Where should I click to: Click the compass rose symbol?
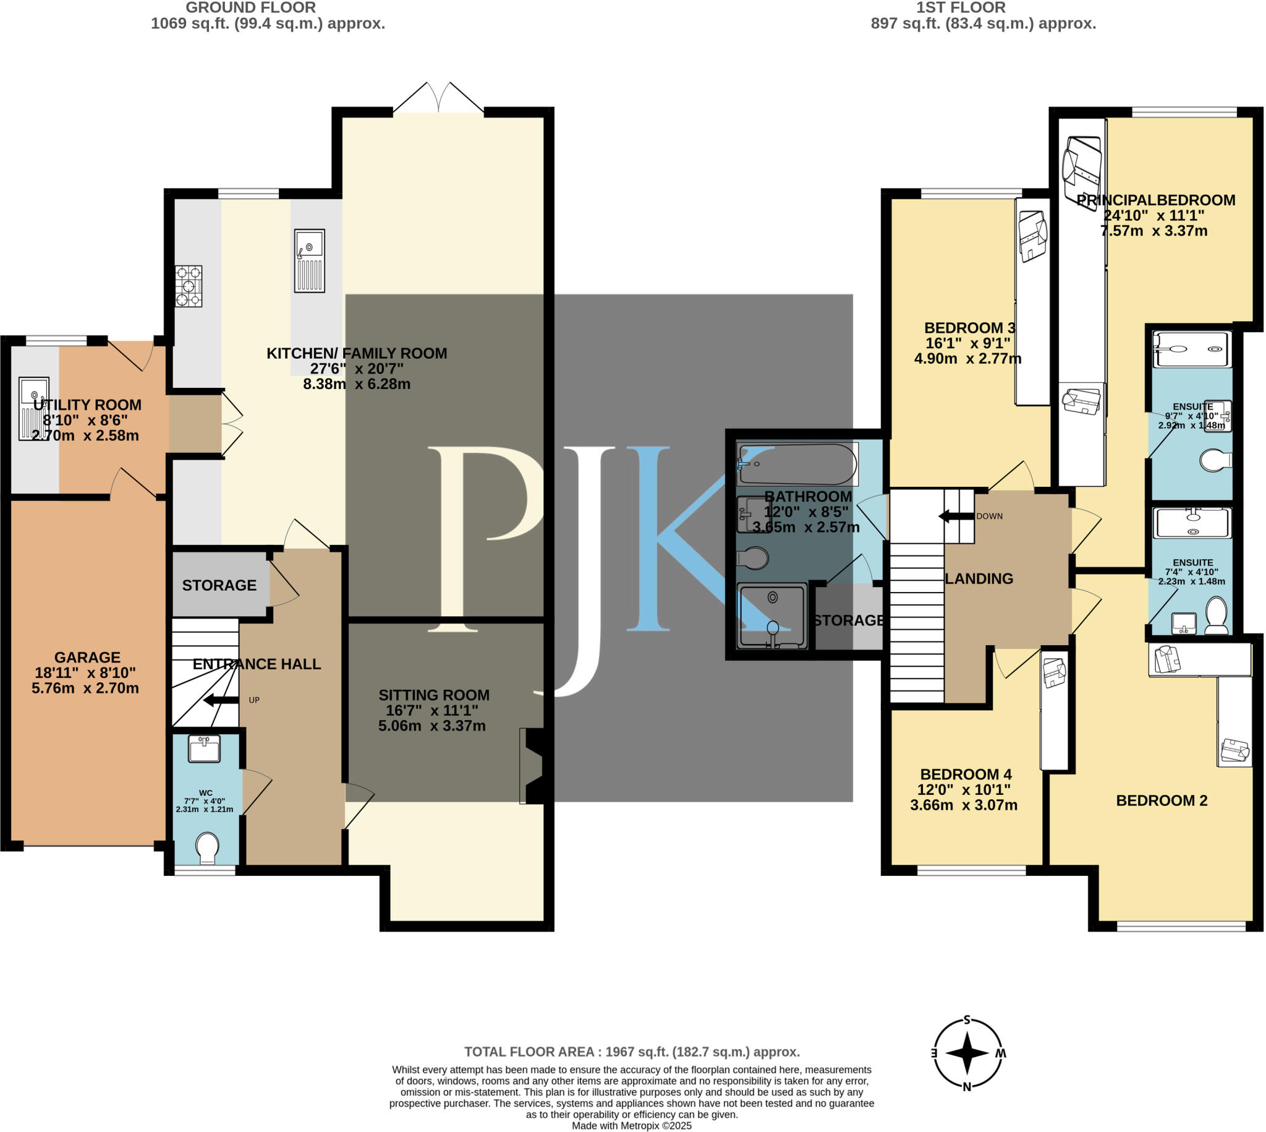click(967, 1053)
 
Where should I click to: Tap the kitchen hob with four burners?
click(189, 286)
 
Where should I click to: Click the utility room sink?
click(34, 408)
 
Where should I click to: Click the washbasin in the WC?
click(204, 749)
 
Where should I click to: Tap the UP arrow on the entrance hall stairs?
click(221, 700)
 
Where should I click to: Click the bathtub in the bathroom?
click(797, 464)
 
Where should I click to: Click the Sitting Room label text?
click(434, 695)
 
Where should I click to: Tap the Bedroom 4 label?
click(965, 774)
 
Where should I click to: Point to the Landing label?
click(979, 578)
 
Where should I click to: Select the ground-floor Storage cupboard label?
click(219, 585)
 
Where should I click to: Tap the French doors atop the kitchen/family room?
click(439, 98)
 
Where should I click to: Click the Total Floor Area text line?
click(631, 1052)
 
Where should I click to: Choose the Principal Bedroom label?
click(1155, 200)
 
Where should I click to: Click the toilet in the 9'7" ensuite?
click(1216, 461)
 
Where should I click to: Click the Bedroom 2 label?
click(1161, 800)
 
